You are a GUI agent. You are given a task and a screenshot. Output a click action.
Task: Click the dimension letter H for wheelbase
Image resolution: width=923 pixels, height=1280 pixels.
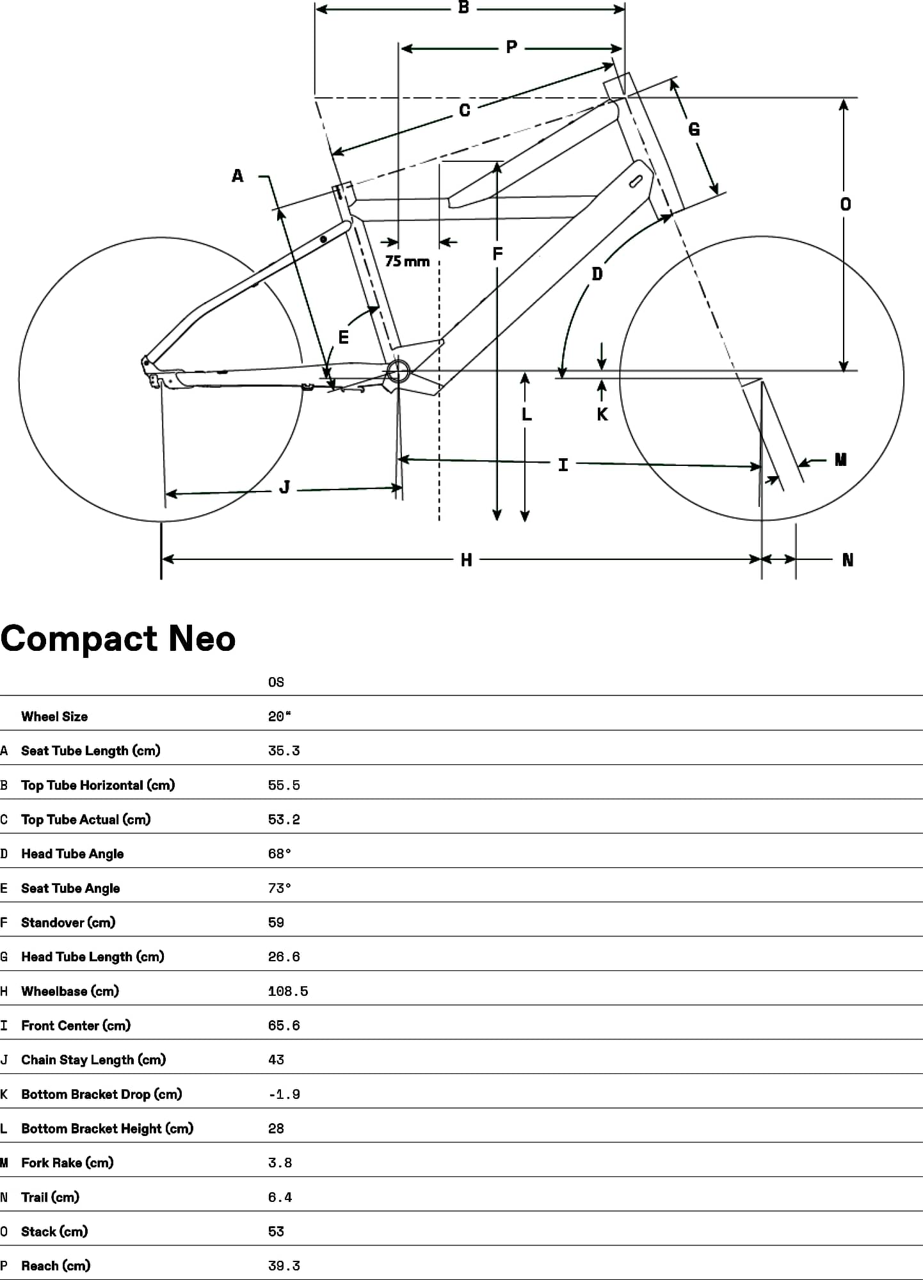click(466, 560)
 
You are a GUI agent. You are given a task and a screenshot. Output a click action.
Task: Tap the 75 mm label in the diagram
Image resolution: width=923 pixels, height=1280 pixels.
click(407, 261)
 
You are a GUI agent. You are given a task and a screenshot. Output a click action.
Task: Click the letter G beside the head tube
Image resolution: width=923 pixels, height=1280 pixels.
click(694, 130)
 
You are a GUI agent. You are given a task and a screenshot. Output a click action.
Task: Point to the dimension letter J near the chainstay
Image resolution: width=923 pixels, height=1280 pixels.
click(285, 488)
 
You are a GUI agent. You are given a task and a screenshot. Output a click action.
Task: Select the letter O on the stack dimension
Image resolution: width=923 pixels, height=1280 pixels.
click(846, 204)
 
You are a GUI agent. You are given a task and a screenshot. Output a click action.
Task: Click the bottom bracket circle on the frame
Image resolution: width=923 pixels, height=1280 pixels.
click(397, 371)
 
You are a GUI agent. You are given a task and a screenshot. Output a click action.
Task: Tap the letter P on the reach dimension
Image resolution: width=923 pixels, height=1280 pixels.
click(511, 47)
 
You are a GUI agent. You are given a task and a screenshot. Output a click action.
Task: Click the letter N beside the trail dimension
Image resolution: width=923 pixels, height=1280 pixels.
click(847, 560)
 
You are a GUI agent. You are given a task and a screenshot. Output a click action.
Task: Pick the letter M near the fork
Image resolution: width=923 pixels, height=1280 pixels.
click(840, 460)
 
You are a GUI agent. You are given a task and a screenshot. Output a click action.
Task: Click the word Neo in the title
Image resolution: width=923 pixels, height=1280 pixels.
click(202, 639)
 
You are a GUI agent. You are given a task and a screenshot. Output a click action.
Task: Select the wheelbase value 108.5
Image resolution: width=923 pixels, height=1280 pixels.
click(288, 991)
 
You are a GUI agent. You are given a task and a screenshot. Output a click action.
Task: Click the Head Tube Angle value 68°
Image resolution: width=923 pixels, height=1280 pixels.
click(279, 854)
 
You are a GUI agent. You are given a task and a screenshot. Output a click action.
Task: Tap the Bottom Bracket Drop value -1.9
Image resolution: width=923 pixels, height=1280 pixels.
click(284, 1094)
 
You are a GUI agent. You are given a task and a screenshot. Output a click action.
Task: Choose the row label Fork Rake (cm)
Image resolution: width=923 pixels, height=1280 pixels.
click(67, 1163)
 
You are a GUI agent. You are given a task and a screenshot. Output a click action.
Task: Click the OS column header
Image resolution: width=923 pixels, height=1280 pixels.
click(276, 682)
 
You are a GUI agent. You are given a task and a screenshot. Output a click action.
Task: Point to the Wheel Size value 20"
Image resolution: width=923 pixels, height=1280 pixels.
click(279, 717)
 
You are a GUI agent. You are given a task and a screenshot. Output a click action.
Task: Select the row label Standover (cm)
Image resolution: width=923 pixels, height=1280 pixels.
click(68, 922)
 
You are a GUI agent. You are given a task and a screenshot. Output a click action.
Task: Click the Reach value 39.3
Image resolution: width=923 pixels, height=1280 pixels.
click(284, 1266)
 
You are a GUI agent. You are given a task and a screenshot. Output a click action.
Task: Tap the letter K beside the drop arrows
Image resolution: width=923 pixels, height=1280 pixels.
click(602, 415)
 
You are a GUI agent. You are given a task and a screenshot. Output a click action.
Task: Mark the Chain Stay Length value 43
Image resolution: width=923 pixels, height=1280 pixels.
click(276, 1060)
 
